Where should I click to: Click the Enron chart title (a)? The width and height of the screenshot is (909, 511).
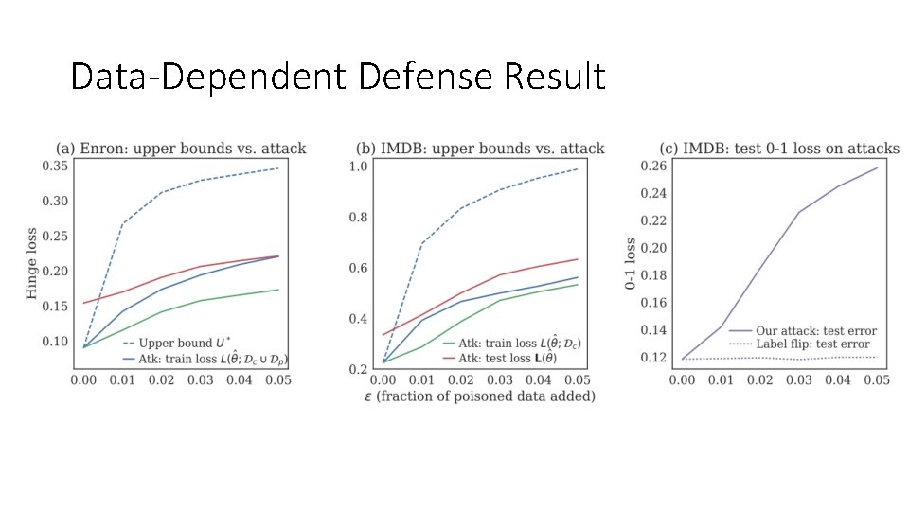click(x=180, y=149)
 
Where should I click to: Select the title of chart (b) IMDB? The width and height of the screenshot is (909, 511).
click(x=479, y=149)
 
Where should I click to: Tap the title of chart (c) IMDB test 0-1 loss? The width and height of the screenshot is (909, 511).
click(x=779, y=149)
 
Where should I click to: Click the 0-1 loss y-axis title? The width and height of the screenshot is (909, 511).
click(x=632, y=263)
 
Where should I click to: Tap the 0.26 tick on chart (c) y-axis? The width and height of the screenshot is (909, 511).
click(x=654, y=167)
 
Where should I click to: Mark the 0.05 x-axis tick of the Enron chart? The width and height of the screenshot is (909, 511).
click(x=276, y=379)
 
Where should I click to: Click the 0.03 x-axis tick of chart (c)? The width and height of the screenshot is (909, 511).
click(x=798, y=379)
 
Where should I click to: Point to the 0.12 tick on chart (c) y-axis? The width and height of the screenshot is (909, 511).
click(x=654, y=358)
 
